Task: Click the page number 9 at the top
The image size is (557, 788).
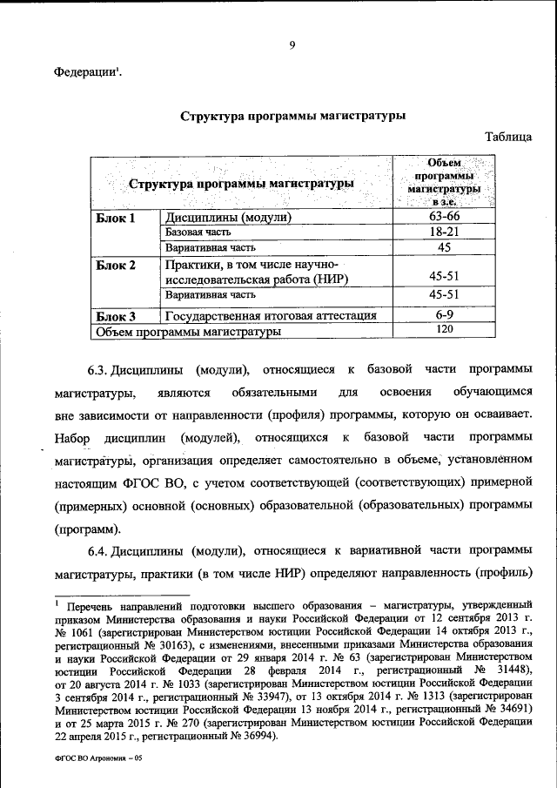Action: click(x=292, y=47)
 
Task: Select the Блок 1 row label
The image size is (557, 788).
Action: click(x=116, y=218)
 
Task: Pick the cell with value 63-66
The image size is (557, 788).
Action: click(x=444, y=217)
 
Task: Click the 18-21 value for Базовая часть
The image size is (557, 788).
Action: click(x=444, y=232)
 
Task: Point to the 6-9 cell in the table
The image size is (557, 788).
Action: click(x=444, y=314)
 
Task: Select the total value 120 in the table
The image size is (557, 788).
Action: click(x=444, y=330)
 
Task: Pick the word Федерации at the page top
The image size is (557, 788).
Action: click(x=85, y=73)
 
